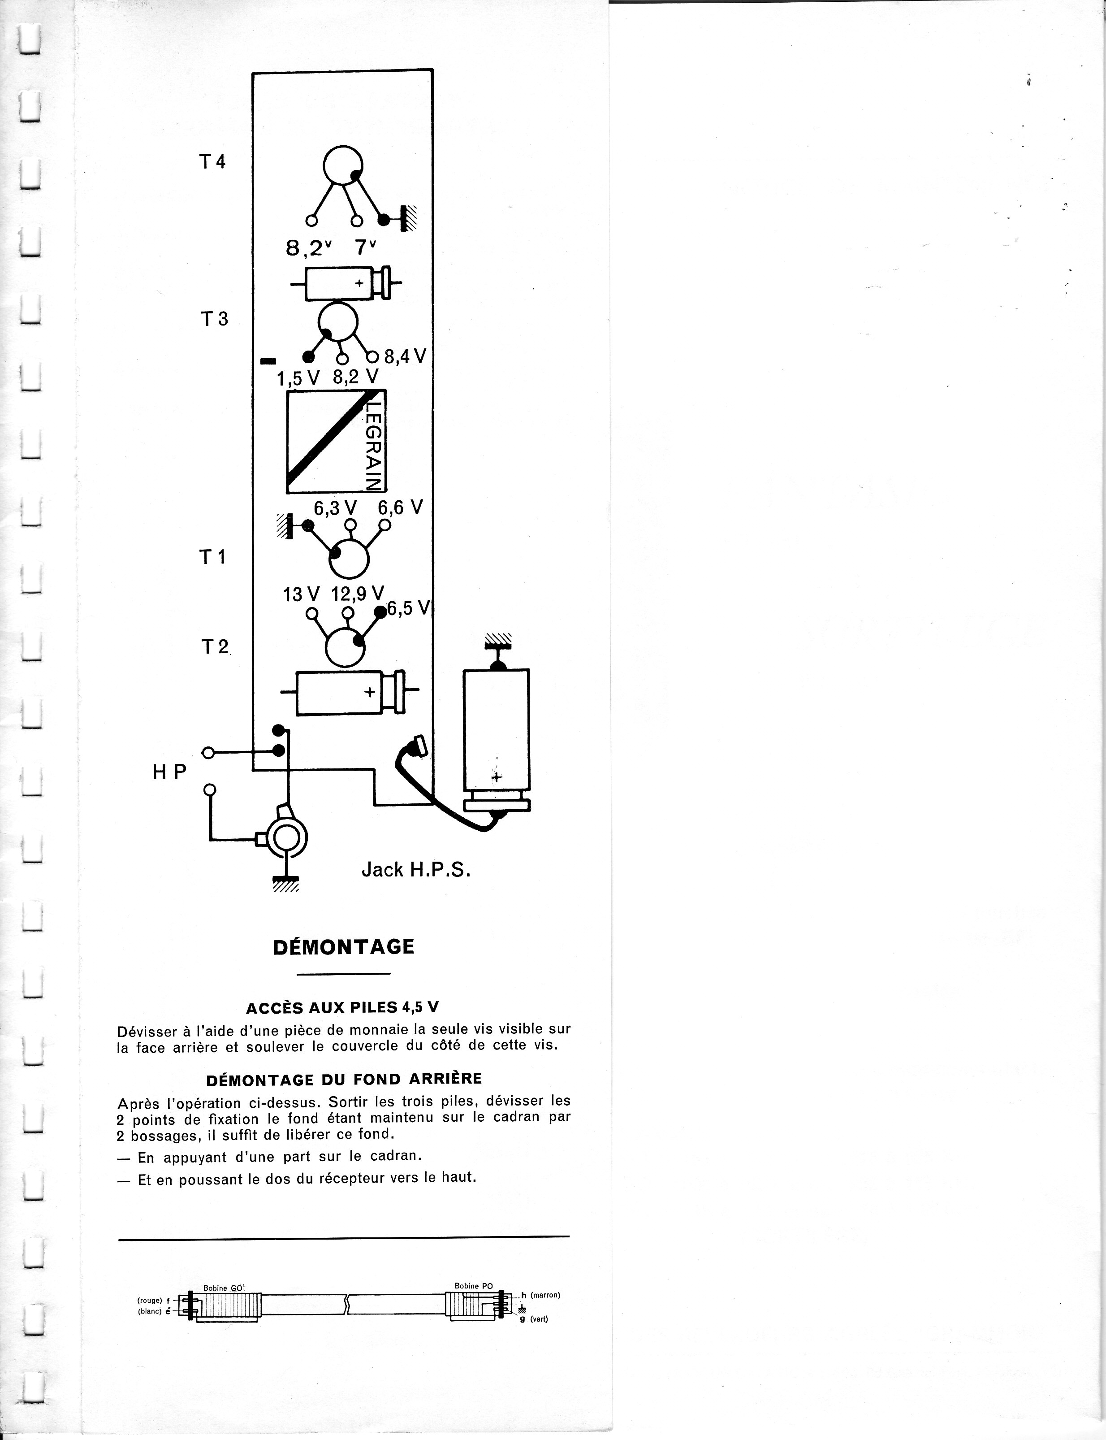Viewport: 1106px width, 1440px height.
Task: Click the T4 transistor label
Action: pos(212,162)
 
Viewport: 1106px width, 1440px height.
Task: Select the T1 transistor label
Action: pos(213,558)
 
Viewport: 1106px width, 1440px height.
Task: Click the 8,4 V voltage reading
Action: pos(406,357)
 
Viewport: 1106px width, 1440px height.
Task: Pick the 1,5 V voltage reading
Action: pos(298,379)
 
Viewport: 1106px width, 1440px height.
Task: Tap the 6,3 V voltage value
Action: pos(335,507)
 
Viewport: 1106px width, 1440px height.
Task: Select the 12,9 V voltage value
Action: pos(358,594)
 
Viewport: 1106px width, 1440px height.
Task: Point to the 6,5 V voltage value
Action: pos(409,608)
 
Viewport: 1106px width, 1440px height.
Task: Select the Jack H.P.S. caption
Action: pos(416,870)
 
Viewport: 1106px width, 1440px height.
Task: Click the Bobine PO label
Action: pos(473,1286)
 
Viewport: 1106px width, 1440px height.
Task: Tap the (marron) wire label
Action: pos(545,1295)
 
